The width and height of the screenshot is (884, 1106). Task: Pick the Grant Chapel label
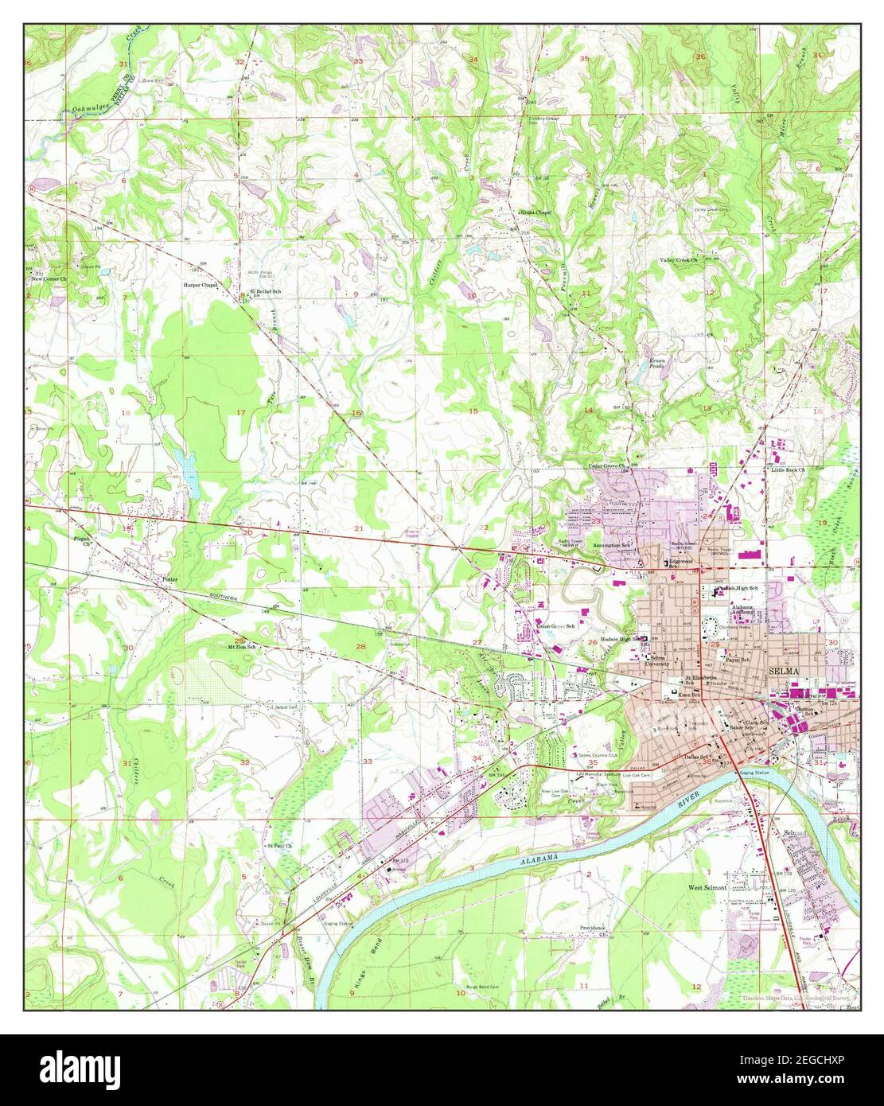click(535, 213)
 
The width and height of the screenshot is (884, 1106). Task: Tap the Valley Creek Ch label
click(677, 260)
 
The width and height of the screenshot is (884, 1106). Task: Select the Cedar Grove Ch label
click(609, 465)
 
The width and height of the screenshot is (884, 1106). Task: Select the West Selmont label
click(707, 886)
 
